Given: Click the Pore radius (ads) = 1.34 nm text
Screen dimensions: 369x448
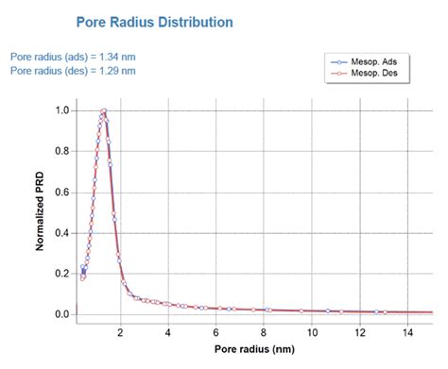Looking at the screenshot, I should (73, 56).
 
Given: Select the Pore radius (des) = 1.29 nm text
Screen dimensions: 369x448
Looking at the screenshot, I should (73, 70).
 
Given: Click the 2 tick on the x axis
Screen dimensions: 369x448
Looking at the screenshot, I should (120, 331).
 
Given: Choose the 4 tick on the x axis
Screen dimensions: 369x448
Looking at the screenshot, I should (168, 331).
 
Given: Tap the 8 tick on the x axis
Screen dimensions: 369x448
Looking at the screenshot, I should (265, 331).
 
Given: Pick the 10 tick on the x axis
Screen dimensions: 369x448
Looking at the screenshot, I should (313, 331).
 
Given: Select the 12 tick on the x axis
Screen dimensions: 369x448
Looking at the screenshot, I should (361, 331).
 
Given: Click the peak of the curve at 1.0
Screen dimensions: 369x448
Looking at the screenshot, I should (103, 110).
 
